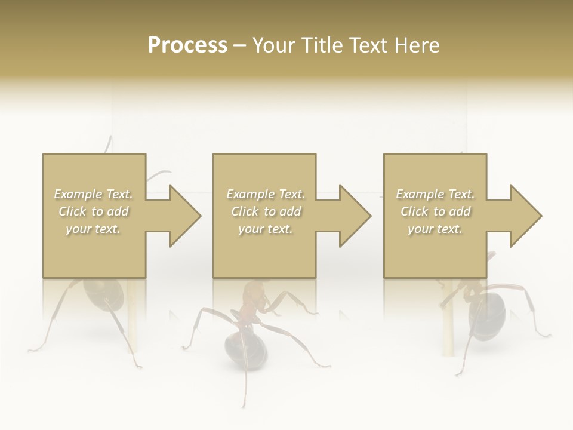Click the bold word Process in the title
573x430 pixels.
187,45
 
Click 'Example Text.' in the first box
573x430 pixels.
94,194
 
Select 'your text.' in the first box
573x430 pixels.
94,229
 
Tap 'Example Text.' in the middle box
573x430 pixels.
266,194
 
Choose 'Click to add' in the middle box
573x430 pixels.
266,211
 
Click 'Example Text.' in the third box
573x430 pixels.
435,194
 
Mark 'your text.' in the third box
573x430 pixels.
435,229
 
